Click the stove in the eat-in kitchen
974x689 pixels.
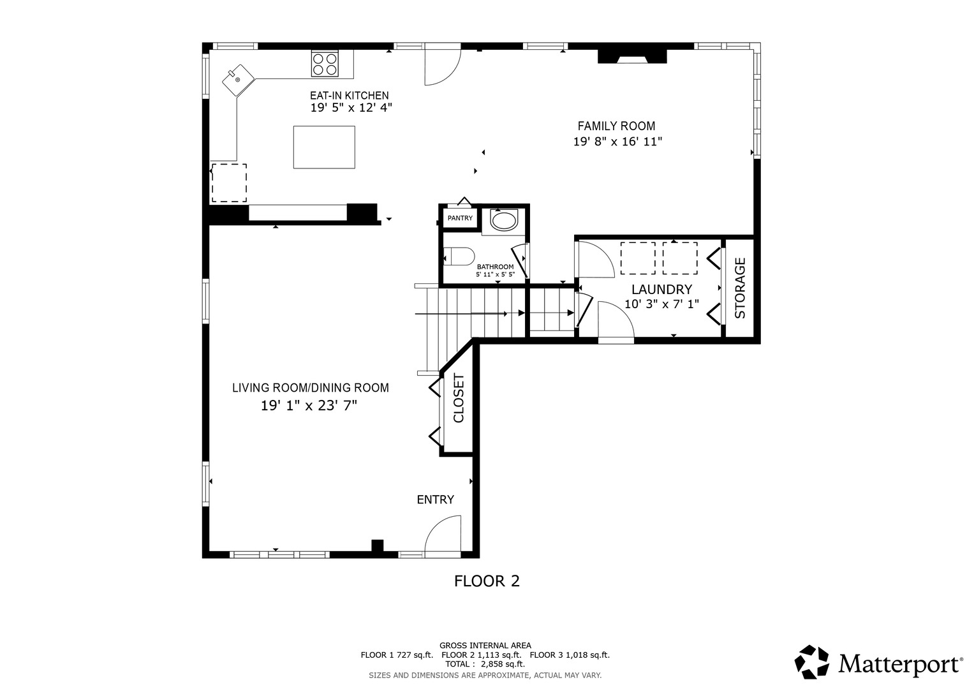click(x=325, y=64)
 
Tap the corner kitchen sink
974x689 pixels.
click(x=238, y=80)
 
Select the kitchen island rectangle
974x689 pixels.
click(x=324, y=147)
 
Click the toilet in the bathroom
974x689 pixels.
click(x=459, y=256)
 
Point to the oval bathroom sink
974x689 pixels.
click(x=504, y=219)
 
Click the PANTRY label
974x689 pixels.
click(x=460, y=218)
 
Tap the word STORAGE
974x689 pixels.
click(x=740, y=288)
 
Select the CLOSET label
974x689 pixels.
click(x=459, y=397)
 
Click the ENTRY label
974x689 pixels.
click(x=435, y=500)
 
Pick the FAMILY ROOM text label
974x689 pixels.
click(x=616, y=126)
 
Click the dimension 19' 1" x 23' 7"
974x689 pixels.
click(x=309, y=406)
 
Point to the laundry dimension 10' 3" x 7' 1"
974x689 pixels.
click(x=662, y=304)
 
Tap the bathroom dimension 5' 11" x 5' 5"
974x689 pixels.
click(x=495, y=274)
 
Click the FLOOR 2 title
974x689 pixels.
click(x=487, y=581)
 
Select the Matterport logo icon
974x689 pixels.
click(x=811, y=662)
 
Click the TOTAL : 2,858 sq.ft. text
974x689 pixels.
click(x=485, y=664)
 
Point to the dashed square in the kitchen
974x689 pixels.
click(x=229, y=183)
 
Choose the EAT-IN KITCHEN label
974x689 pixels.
click(x=349, y=96)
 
